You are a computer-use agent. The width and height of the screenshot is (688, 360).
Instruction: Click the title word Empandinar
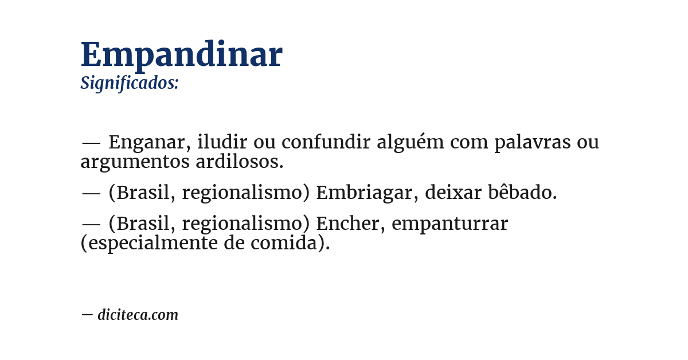181,55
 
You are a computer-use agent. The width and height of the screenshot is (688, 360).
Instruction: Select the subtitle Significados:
130,83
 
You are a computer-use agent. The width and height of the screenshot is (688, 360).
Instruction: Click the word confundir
326,142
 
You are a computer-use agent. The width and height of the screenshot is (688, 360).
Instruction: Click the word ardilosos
240,162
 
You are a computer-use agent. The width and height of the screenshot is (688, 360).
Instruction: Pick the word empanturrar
450,224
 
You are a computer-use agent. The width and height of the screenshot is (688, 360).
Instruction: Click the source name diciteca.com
138,315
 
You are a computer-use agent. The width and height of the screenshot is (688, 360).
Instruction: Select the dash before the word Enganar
91,143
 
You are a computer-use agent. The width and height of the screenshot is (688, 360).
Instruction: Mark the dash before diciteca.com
87,315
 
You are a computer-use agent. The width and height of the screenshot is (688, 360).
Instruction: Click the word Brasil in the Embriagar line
145,193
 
